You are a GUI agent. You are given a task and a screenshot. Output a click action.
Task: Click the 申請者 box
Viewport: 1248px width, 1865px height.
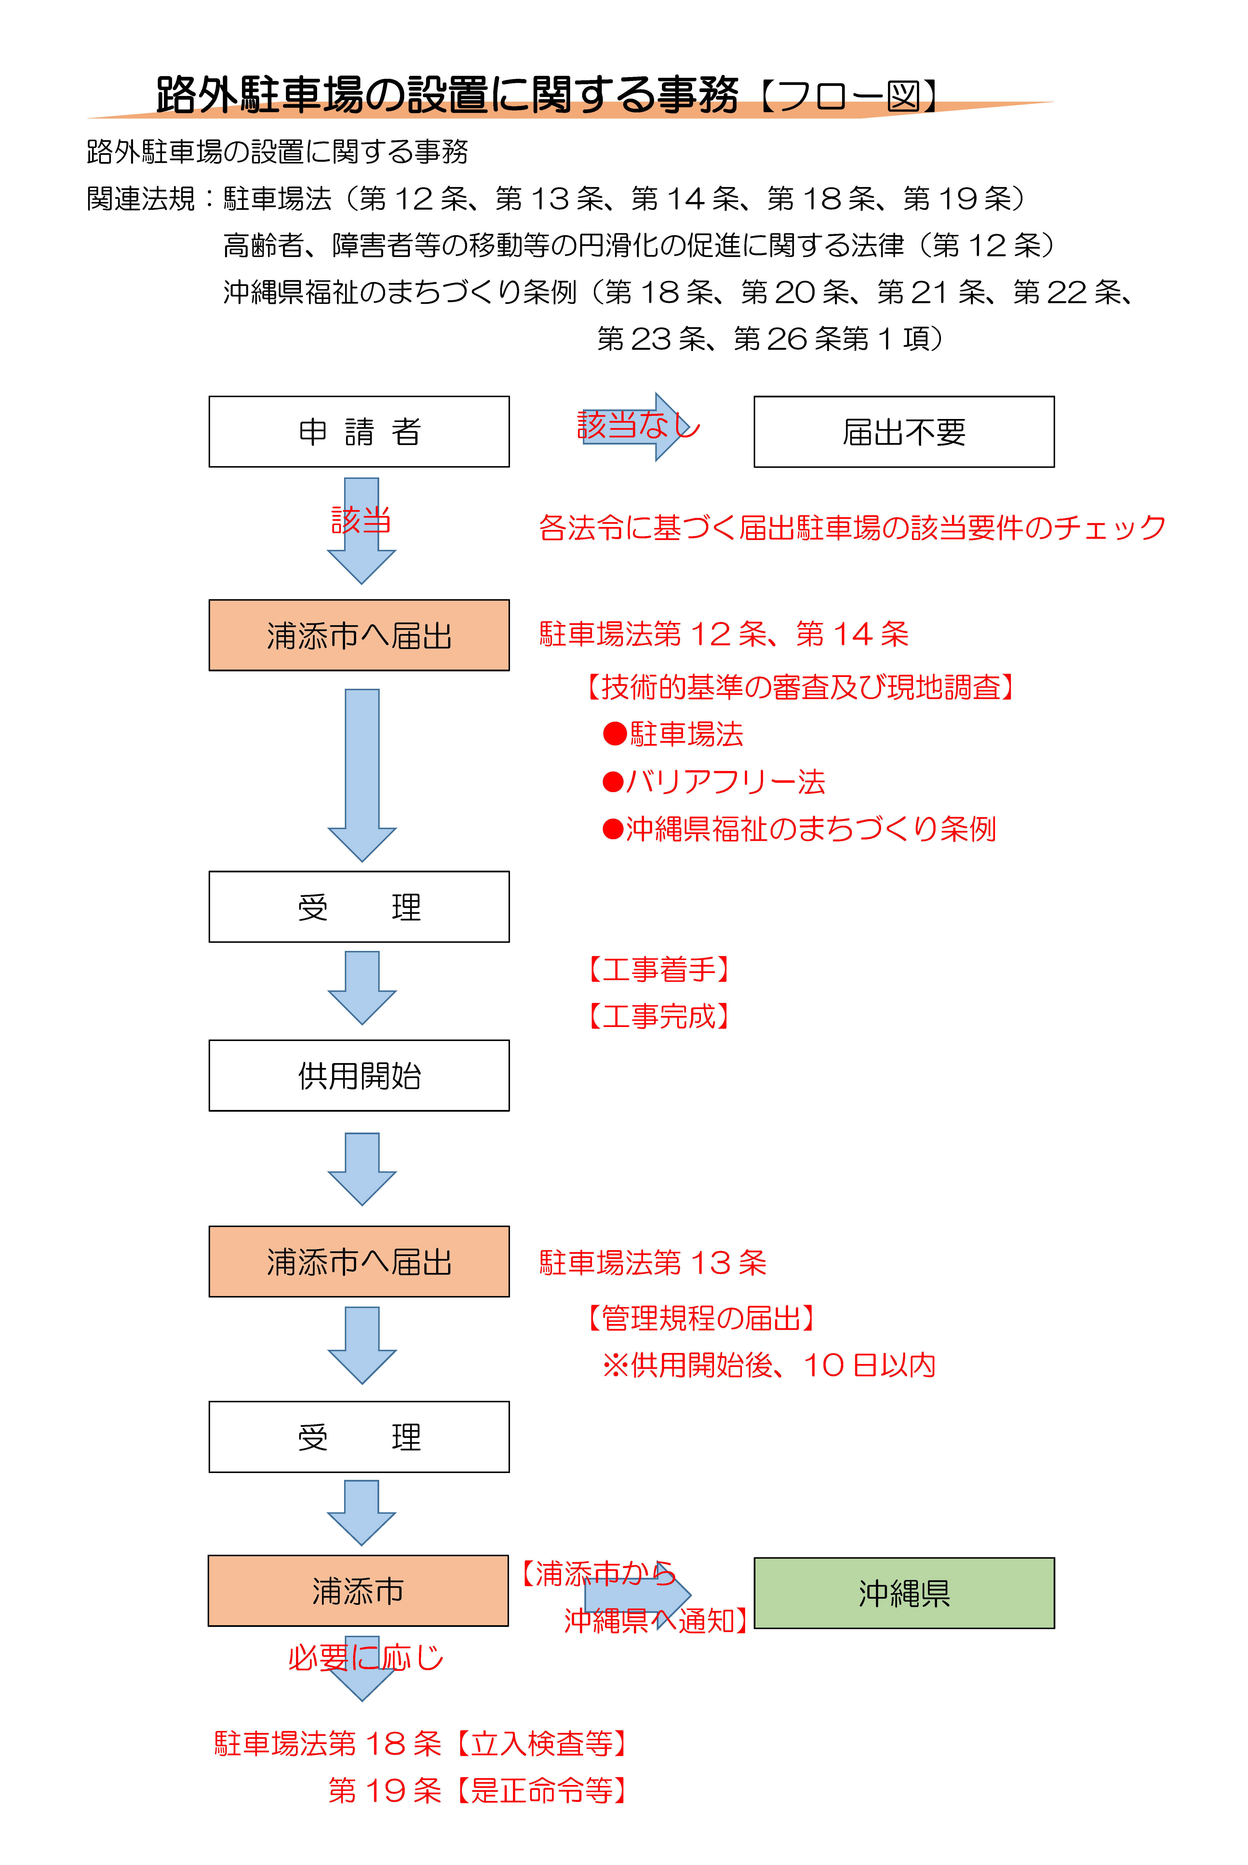click(x=359, y=432)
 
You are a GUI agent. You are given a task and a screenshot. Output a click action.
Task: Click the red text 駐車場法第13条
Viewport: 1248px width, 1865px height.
click(x=653, y=1262)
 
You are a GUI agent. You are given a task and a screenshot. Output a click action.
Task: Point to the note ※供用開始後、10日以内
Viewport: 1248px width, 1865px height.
click(x=769, y=1365)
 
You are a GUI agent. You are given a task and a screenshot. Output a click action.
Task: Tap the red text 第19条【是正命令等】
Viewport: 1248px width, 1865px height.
click(x=478, y=1791)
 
